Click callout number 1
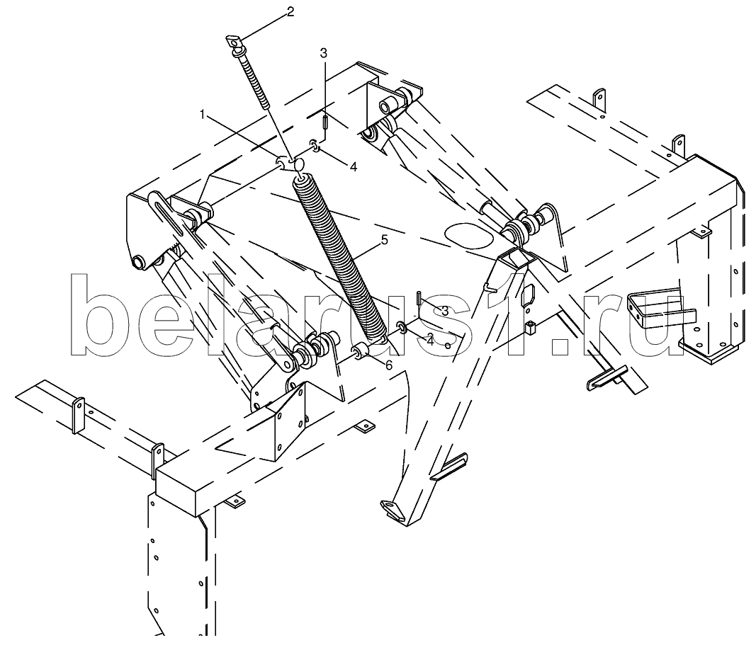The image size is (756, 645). click(x=203, y=114)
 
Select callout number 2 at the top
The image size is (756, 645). click(x=290, y=11)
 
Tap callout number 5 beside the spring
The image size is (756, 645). click(x=384, y=240)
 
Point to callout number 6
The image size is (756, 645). click(x=388, y=365)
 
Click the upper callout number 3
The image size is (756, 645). click(x=324, y=53)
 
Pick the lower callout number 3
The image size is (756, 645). click(x=444, y=311)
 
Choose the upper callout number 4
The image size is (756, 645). click(x=354, y=167)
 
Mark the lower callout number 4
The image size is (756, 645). click(x=429, y=341)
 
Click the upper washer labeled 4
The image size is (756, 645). click(x=313, y=144)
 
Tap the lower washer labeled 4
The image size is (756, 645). click(x=402, y=328)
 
